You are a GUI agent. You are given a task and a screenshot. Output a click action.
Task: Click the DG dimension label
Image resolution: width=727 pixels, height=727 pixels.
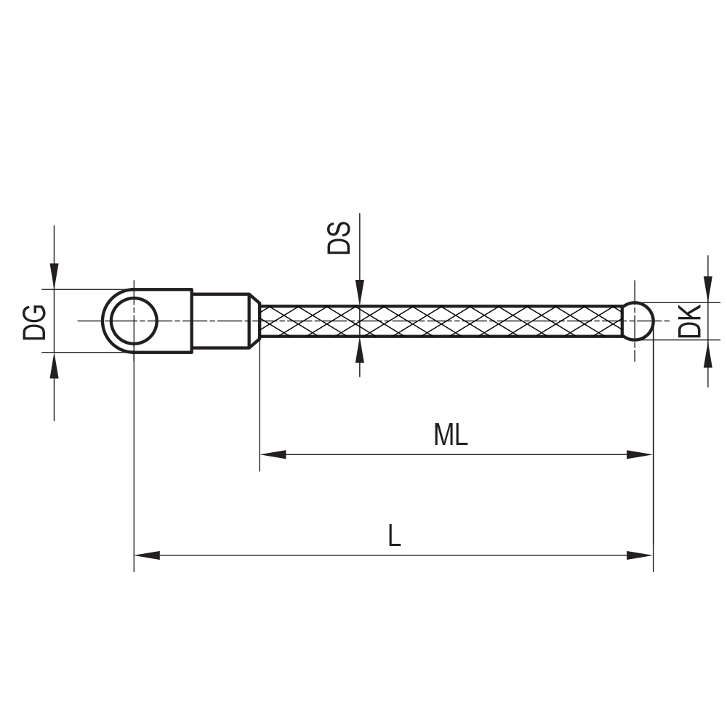[34, 321]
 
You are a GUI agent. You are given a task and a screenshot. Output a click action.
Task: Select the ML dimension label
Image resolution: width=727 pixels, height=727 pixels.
[450, 435]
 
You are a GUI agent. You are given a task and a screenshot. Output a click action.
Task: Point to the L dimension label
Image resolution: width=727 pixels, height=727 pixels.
[393, 537]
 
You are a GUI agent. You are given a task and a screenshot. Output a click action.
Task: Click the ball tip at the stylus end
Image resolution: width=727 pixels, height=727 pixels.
[638, 321]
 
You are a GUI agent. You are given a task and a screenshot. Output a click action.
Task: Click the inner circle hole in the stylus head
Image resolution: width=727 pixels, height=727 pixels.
[134, 321]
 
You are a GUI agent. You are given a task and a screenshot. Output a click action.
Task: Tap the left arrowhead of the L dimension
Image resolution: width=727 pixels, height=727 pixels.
[147, 555]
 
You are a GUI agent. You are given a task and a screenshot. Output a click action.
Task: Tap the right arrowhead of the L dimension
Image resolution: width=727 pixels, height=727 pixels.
[640, 555]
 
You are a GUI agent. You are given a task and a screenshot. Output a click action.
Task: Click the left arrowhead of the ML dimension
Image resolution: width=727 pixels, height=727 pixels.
[273, 454]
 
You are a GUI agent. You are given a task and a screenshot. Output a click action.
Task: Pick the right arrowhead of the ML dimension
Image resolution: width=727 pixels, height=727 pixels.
[640, 454]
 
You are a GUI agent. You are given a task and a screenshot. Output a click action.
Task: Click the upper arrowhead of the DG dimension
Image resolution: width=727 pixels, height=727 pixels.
[54, 277]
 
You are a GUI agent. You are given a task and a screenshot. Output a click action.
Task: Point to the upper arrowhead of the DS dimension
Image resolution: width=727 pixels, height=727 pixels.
[359, 293]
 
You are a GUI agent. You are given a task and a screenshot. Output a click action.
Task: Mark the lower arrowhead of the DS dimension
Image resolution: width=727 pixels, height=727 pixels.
[359, 349]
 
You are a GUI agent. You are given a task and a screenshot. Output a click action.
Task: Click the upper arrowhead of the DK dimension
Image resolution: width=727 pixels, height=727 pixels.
[708, 289]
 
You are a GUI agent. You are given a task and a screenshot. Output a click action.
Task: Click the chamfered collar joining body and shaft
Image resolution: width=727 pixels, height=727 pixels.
[254, 321]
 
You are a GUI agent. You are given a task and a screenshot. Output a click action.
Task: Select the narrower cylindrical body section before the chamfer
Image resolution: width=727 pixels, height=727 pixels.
[220, 321]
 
